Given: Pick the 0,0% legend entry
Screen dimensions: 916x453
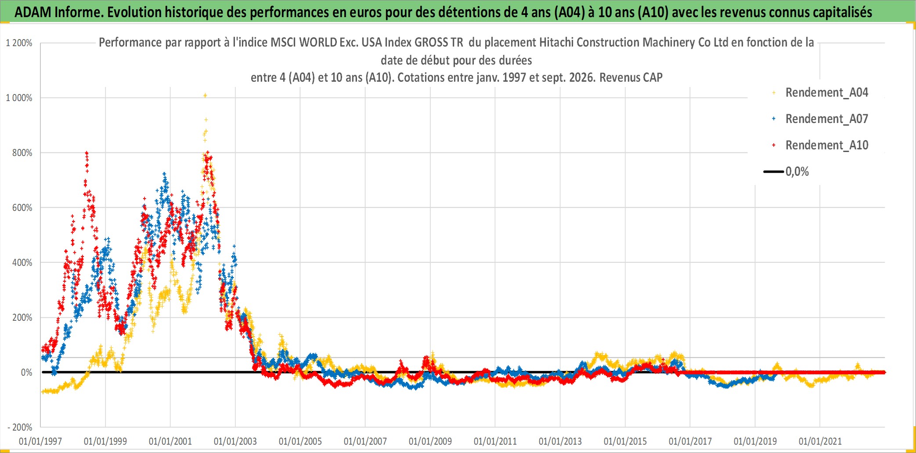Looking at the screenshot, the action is pos(786,171).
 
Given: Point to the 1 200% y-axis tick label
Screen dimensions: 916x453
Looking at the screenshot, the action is pos(19,43).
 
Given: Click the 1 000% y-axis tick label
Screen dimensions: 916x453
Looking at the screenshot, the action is pos(19,98).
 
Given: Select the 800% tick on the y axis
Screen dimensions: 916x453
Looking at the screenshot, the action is pos(22,153).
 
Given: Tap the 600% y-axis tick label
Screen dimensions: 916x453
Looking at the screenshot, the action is pos(22,208).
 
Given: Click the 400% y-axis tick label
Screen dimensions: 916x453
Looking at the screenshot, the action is pos(22,263).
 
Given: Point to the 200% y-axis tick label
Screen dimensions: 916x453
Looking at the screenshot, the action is pos(22,318).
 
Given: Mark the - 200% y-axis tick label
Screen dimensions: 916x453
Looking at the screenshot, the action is pos(20,427).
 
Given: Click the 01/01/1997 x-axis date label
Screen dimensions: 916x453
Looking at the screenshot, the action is pos(40,441).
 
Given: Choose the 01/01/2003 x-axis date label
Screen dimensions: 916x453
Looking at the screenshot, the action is pos(235,441).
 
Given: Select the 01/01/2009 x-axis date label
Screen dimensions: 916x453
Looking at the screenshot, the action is pos(430,441).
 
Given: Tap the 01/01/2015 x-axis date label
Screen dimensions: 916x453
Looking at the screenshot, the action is pos(625,441).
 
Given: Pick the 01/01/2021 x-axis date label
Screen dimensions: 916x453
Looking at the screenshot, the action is pos(820,441).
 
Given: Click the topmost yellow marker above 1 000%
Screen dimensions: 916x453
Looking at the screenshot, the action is pos(205,95).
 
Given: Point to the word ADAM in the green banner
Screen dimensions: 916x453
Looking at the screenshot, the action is pos(33,12).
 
